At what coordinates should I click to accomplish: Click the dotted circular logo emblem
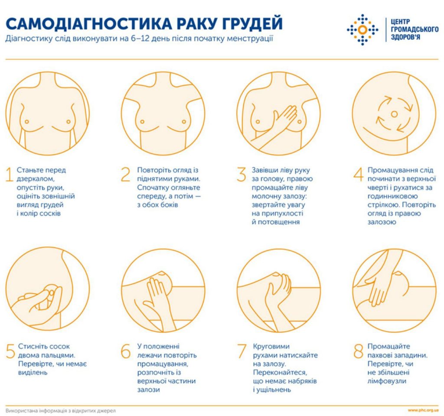(x=362, y=29)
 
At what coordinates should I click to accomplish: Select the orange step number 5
(x=10, y=351)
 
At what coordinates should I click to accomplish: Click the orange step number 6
(x=125, y=351)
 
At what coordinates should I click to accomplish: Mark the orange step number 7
(x=242, y=351)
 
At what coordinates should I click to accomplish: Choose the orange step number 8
(x=358, y=351)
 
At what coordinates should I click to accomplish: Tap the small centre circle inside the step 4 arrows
(x=394, y=114)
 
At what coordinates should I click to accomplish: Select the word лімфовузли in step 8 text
(x=387, y=381)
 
